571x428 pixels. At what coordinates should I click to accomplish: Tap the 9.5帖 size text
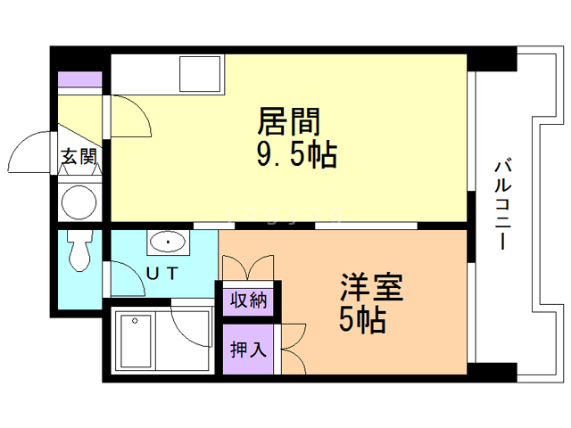pyautogui.click(x=296, y=155)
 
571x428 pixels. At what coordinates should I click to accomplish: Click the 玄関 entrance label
pyautogui.click(x=79, y=157)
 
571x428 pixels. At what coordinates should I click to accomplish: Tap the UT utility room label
pyautogui.click(x=161, y=273)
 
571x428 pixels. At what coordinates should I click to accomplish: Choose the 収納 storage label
pyautogui.click(x=249, y=300)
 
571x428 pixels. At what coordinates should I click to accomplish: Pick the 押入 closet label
pyautogui.click(x=249, y=350)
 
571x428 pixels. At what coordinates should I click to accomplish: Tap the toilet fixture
pyautogui.click(x=81, y=251)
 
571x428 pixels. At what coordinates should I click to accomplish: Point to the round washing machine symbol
pyautogui.click(x=79, y=202)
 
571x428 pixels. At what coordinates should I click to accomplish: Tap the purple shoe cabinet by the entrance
pyautogui.click(x=79, y=78)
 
